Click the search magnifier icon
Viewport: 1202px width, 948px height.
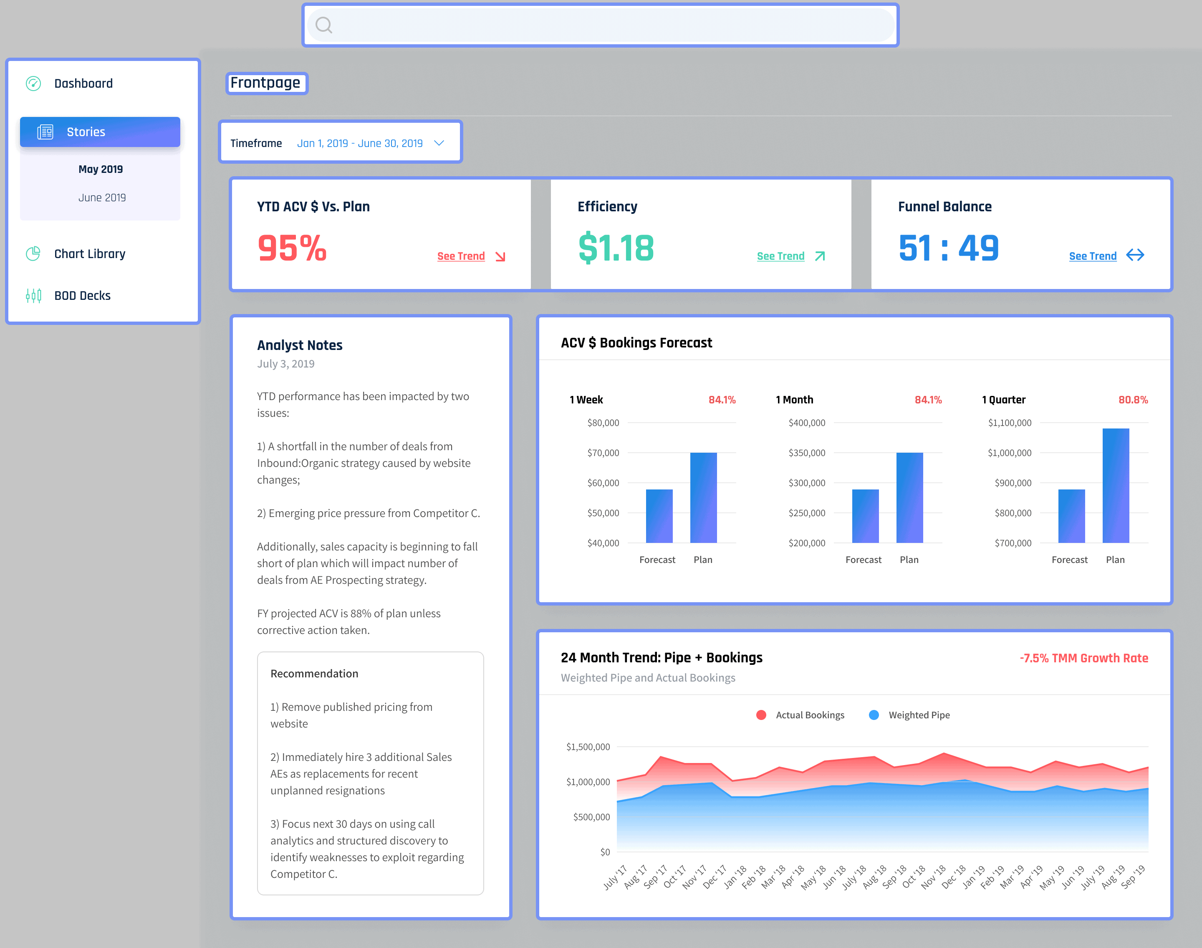tap(324, 25)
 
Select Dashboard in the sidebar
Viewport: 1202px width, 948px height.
tap(83, 83)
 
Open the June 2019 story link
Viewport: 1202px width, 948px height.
tap(102, 198)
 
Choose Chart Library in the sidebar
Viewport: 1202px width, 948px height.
tap(89, 253)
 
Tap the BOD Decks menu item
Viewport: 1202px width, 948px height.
tap(82, 295)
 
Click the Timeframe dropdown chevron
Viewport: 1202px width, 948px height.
tap(439, 143)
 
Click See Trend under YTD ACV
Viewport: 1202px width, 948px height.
tap(460, 256)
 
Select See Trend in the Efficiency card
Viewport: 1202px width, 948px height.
tap(780, 256)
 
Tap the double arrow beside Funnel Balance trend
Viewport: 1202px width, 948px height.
tap(1135, 255)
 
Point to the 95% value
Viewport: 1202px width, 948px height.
tap(292, 248)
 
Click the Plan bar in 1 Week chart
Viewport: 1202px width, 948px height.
tap(703, 497)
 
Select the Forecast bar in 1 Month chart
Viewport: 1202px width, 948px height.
tap(865, 516)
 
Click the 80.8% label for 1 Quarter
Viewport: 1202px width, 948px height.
tap(1133, 400)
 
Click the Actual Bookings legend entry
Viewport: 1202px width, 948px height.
tap(809, 715)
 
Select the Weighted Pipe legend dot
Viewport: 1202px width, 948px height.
tap(874, 715)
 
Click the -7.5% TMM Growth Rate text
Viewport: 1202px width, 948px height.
tap(1083, 658)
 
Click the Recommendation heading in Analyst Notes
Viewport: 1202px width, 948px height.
tap(314, 673)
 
